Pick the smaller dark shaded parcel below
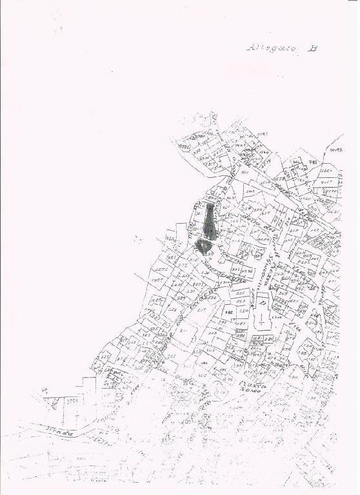tap(205, 246)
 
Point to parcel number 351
tap(245, 172)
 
